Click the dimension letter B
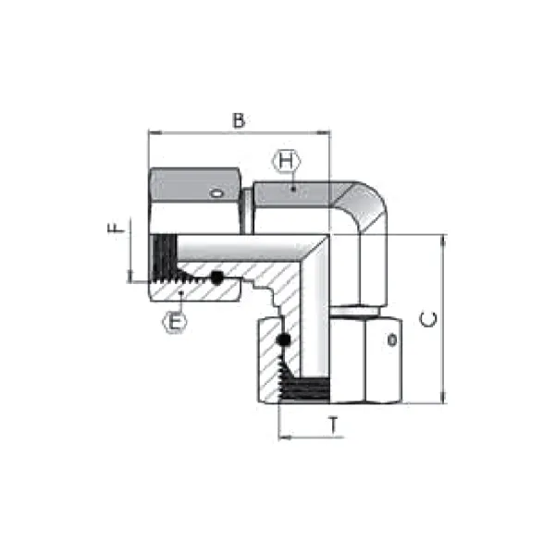click(x=239, y=120)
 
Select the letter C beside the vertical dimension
click(x=428, y=320)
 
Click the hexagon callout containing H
click(x=287, y=162)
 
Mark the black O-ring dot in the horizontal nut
click(x=217, y=277)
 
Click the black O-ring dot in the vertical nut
click(x=285, y=341)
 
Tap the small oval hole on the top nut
click(x=216, y=194)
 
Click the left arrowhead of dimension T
click(x=282, y=436)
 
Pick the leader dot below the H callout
click(x=292, y=188)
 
